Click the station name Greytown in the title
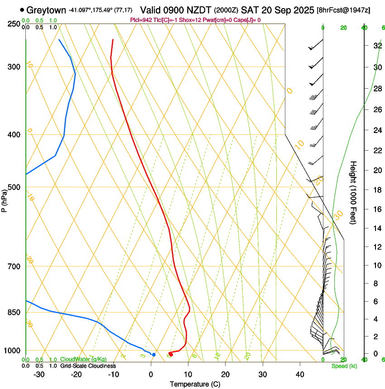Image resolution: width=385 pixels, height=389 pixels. pyautogui.click(x=46, y=10)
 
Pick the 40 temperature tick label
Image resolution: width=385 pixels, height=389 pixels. pyautogui.click(x=300, y=374)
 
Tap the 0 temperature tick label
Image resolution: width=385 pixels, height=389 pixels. pyautogui.click(x=151, y=374)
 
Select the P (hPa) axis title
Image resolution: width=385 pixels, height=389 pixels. pyautogui.click(x=5, y=199)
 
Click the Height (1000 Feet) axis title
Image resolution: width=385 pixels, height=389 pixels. pyautogui.click(x=353, y=192)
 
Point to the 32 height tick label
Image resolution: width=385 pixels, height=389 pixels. pyautogui.click(x=364, y=45)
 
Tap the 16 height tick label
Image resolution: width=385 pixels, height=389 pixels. pyautogui.click(x=364, y=209)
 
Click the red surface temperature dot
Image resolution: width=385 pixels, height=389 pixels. pyautogui.click(x=171, y=354)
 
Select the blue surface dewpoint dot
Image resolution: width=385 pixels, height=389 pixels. pyautogui.click(x=154, y=355)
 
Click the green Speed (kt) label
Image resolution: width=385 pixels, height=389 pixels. pyautogui.click(x=344, y=366)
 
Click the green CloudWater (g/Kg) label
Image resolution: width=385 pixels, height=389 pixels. pyautogui.click(x=83, y=359)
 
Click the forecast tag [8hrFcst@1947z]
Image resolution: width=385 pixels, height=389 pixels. pyautogui.click(x=343, y=10)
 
